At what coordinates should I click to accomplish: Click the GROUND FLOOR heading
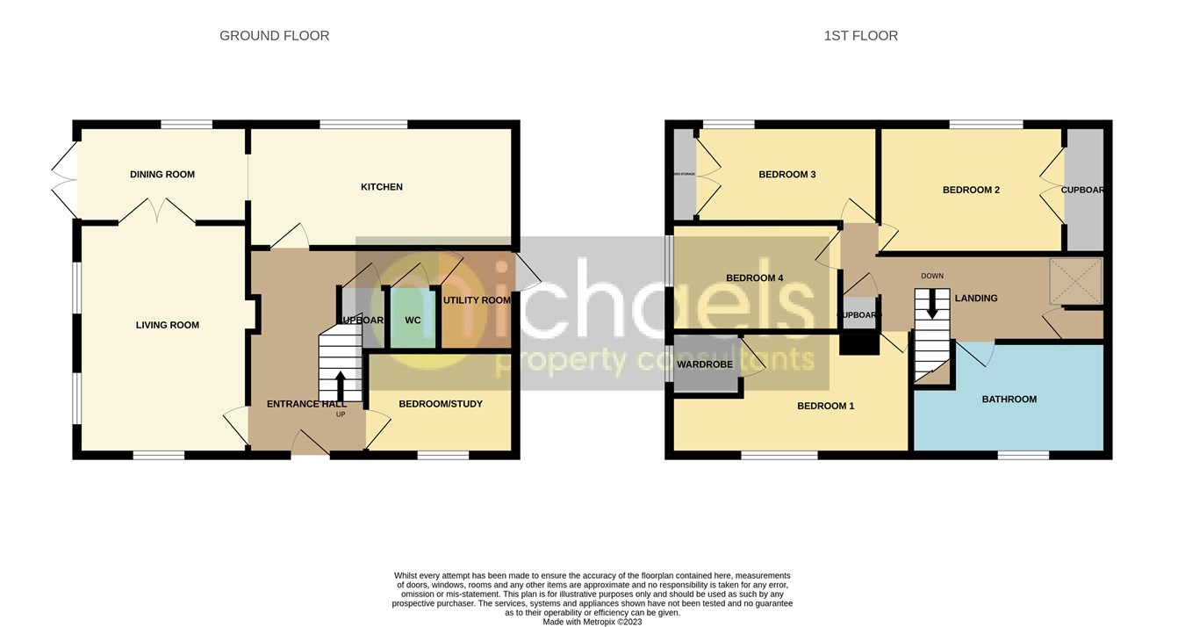(x=274, y=36)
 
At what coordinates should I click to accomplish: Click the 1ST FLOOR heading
(x=860, y=36)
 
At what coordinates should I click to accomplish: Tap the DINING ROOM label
(x=162, y=175)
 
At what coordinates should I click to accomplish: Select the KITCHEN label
(x=382, y=187)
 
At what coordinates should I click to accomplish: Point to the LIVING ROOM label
(x=168, y=326)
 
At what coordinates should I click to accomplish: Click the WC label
(x=413, y=321)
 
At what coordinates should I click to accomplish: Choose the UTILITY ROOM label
(x=477, y=300)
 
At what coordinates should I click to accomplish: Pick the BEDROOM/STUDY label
(x=441, y=404)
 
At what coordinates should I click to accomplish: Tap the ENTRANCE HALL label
(x=306, y=404)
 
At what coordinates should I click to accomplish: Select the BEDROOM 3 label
(x=787, y=175)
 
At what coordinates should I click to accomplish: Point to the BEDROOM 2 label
(x=971, y=190)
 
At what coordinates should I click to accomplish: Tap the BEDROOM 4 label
(x=754, y=278)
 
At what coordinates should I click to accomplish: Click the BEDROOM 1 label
(x=825, y=407)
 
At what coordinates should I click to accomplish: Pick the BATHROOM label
(x=1009, y=400)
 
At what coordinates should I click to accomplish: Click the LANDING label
(x=976, y=299)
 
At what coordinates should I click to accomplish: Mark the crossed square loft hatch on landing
(x=1075, y=280)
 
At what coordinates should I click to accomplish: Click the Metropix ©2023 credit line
(x=592, y=622)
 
